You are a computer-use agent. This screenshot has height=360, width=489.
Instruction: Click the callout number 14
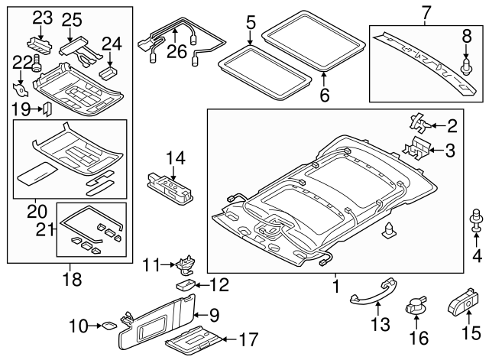tap(175, 158)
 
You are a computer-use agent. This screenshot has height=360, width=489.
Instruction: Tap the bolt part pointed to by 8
tap(465, 66)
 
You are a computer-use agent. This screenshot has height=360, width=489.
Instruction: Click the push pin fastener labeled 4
tap(476, 221)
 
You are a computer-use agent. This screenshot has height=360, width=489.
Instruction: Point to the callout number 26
tap(176, 51)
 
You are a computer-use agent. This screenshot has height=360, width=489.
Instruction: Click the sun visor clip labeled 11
tap(185, 266)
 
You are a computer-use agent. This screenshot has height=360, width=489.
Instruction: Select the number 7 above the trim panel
tap(426, 12)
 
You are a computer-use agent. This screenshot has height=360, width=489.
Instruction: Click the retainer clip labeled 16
tap(415, 306)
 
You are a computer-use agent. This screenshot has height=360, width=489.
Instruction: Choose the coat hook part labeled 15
tap(462, 300)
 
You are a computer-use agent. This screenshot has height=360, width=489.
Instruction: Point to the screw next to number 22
tap(37, 63)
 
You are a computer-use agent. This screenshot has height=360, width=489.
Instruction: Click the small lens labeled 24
tap(108, 73)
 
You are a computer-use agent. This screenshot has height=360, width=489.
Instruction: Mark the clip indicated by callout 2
tap(419, 122)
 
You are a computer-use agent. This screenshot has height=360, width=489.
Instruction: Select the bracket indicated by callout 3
tap(416, 148)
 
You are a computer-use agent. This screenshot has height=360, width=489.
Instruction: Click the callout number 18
tap(73, 279)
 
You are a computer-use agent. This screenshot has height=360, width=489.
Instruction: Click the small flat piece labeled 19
tap(47, 109)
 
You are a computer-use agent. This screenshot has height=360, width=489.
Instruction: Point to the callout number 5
tap(251, 22)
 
